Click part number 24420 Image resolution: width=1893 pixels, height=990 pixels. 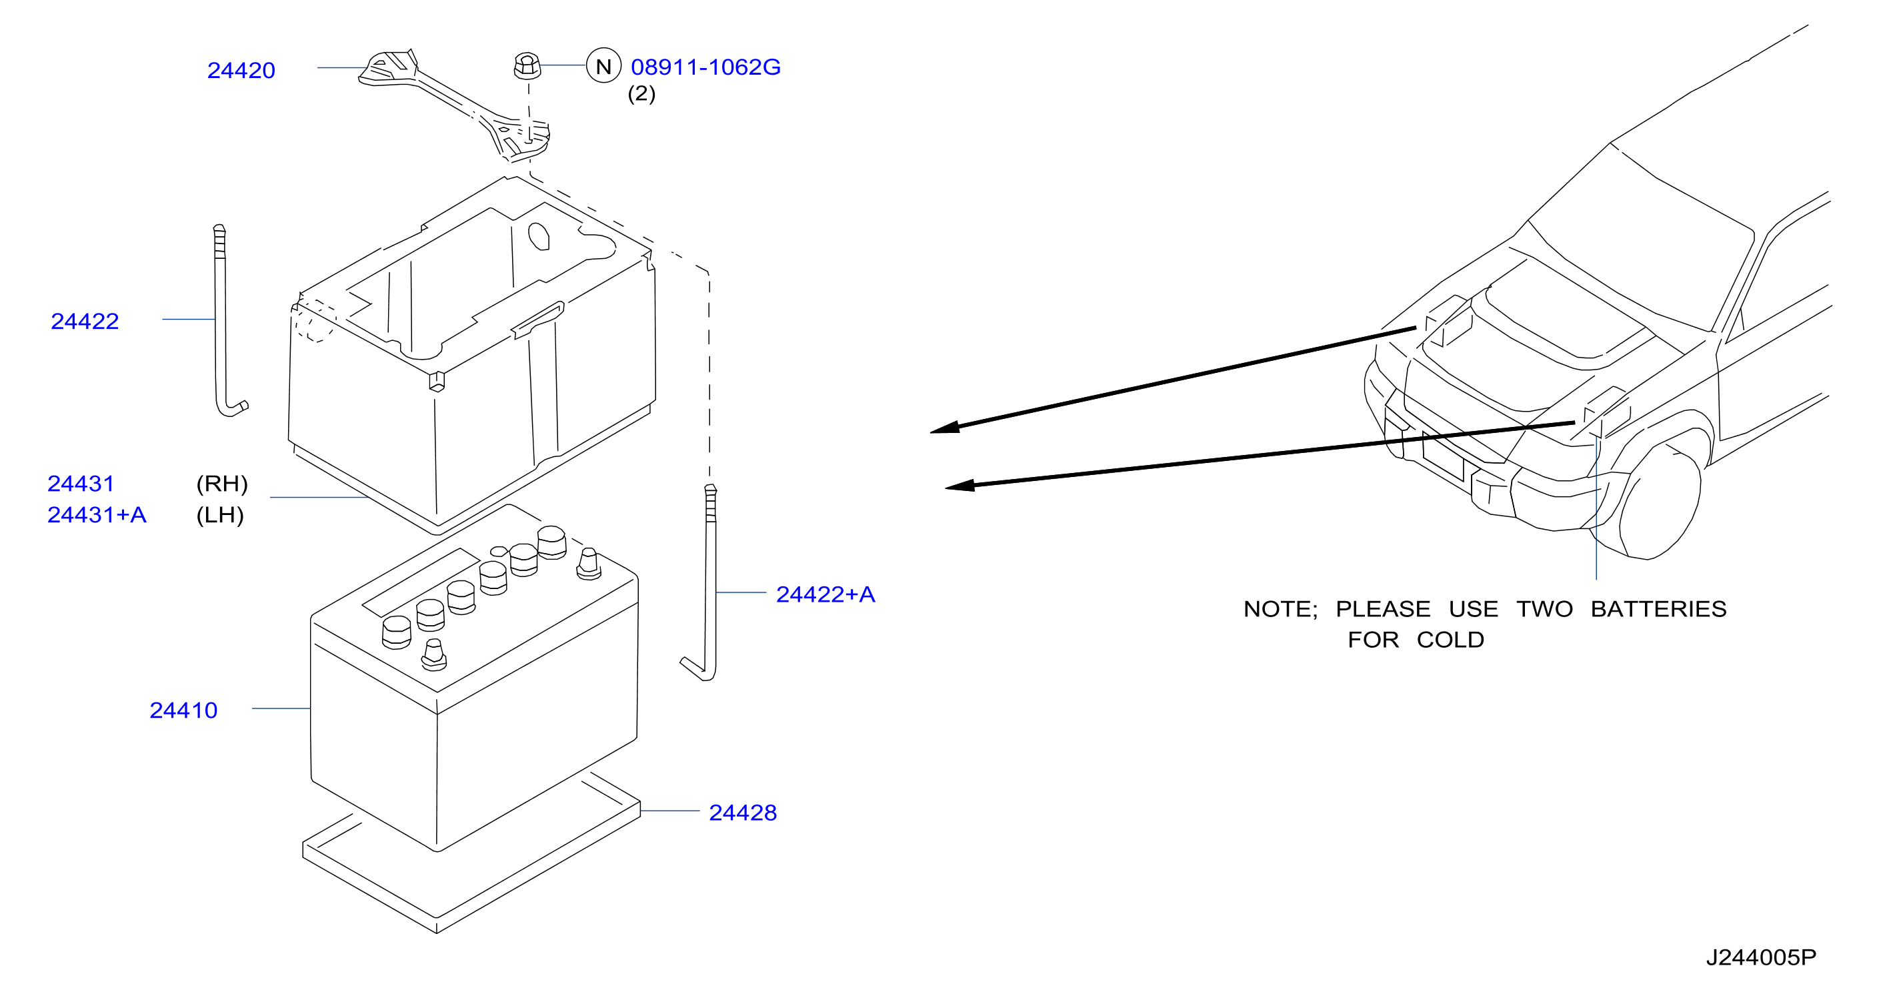[241, 70]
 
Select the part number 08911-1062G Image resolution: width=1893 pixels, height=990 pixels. [705, 67]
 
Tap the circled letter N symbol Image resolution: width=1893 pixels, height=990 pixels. [603, 66]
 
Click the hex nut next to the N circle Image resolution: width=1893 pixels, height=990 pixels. [527, 65]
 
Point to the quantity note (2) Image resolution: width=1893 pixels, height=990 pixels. [641, 93]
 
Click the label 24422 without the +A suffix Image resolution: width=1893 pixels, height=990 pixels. [85, 321]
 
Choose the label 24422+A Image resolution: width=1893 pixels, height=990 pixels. [825, 594]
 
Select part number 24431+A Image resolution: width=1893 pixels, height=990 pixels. [97, 514]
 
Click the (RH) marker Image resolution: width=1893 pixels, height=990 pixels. [222, 484]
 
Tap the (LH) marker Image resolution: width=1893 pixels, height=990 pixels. [220, 514]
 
